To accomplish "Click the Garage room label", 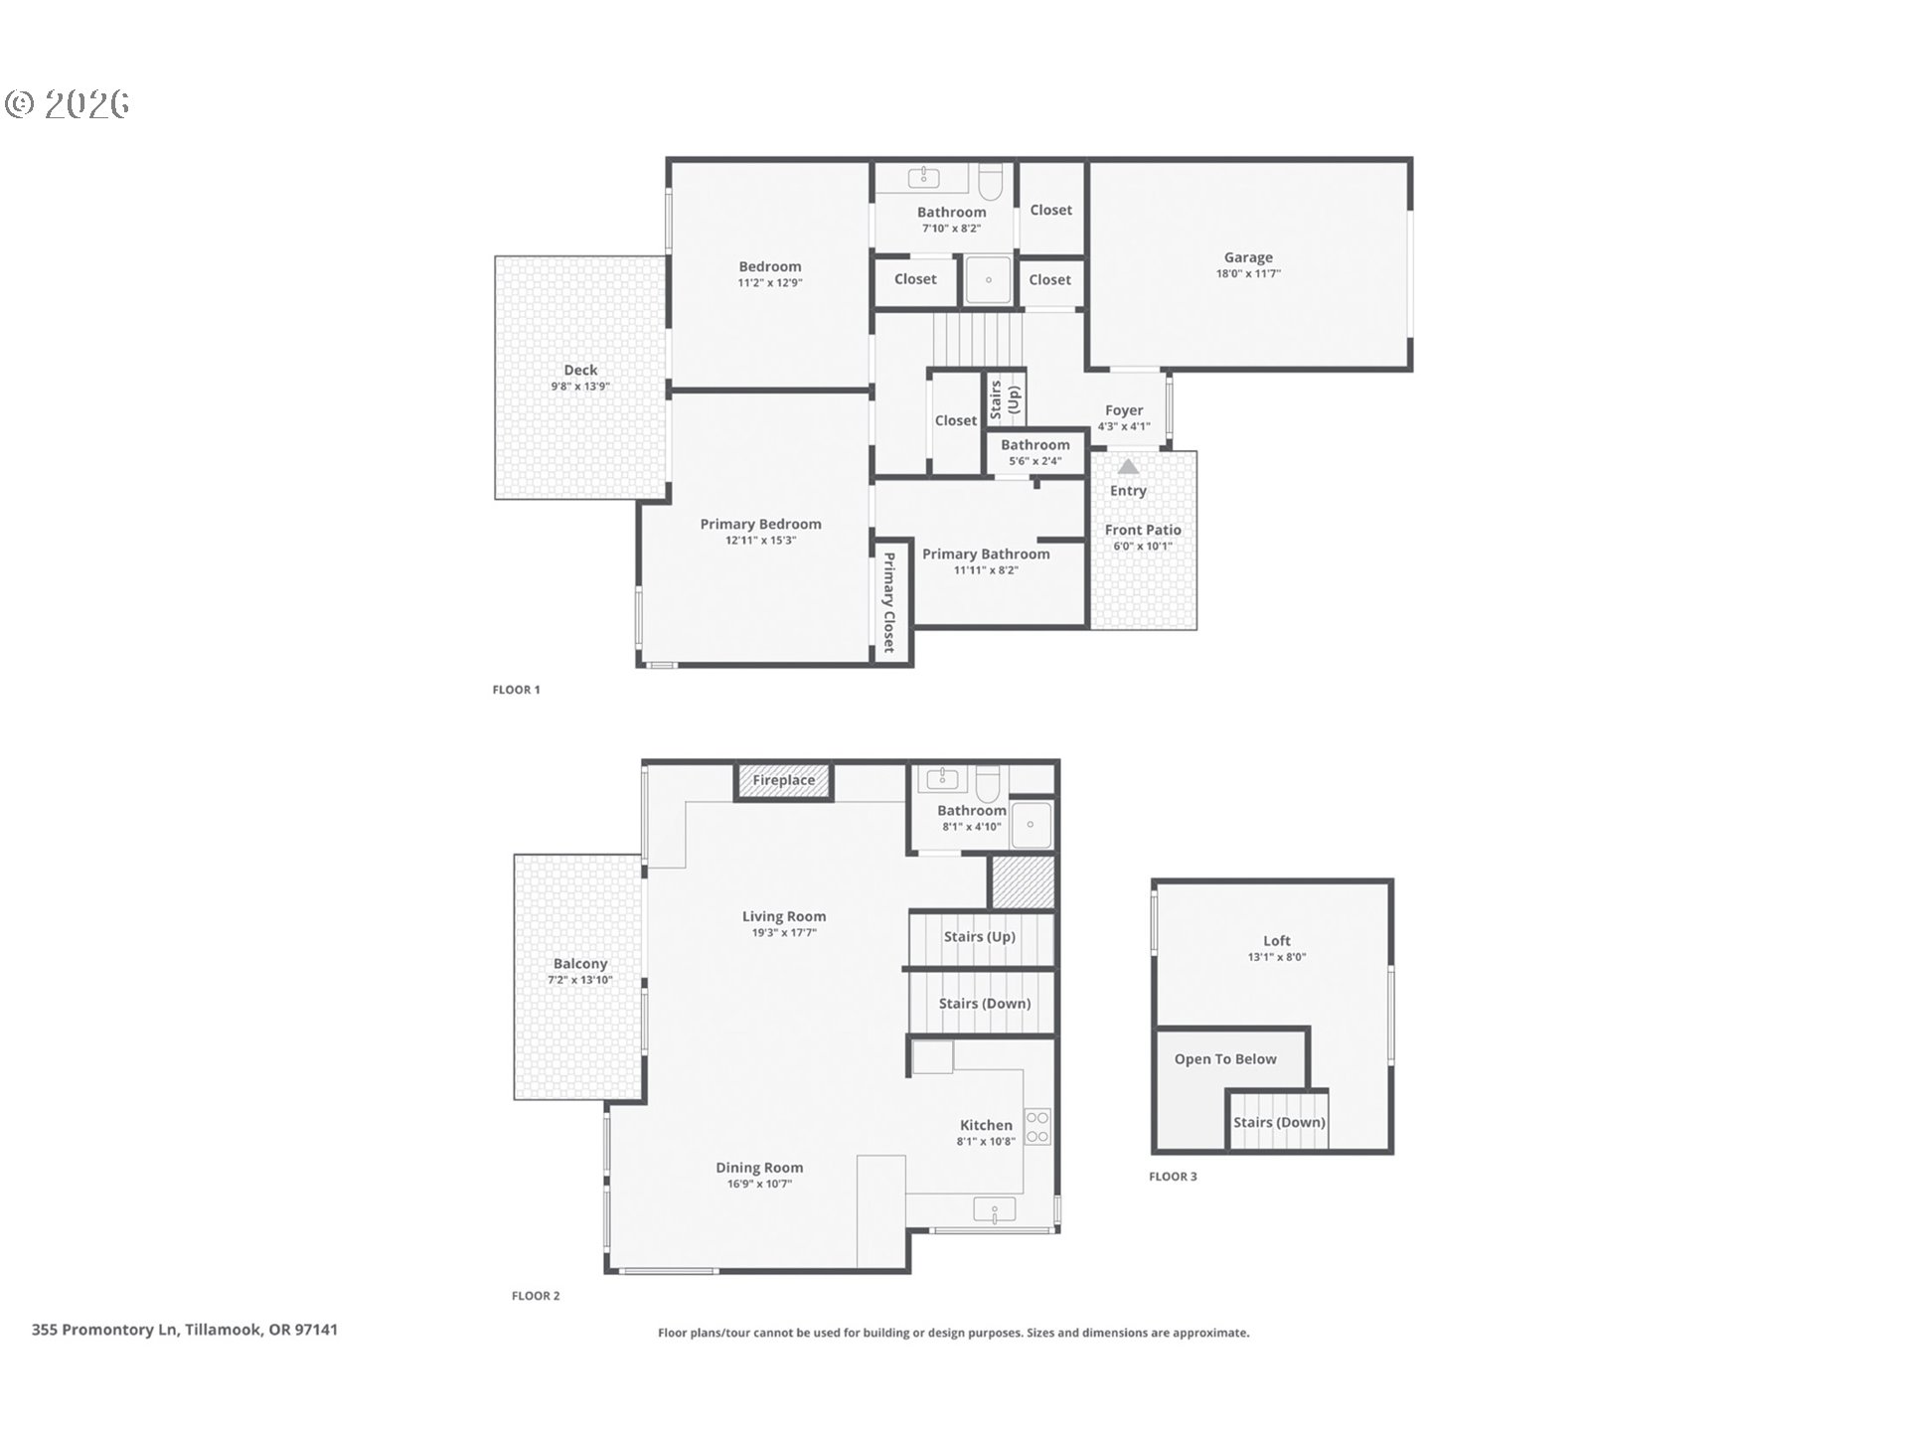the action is click(1248, 257).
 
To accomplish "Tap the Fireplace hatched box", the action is click(783, 781).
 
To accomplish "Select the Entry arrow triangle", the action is click(1128, 466).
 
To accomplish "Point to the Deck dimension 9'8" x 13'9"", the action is click(580, 387).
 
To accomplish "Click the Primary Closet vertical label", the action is click(889, 602).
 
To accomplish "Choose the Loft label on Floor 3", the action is click(1277, 940).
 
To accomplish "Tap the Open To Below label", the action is click(1225, 1059).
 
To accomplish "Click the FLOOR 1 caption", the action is click(516, 690).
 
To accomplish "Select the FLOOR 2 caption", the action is click(536, 1296).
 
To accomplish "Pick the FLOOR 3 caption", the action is click(1173, 1177).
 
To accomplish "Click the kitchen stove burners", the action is click(1037, 1126).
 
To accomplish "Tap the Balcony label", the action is click(580, 964).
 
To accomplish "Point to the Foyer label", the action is click(1124, 410).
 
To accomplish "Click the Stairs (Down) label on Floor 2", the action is click(985, 1004).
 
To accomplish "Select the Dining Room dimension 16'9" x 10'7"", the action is click(759, 1185).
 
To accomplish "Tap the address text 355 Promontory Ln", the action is click(104, 1330).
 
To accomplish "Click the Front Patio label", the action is click(1143, 531).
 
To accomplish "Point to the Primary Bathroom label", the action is click(986, 555).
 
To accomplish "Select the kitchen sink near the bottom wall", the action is click(995, 1211).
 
